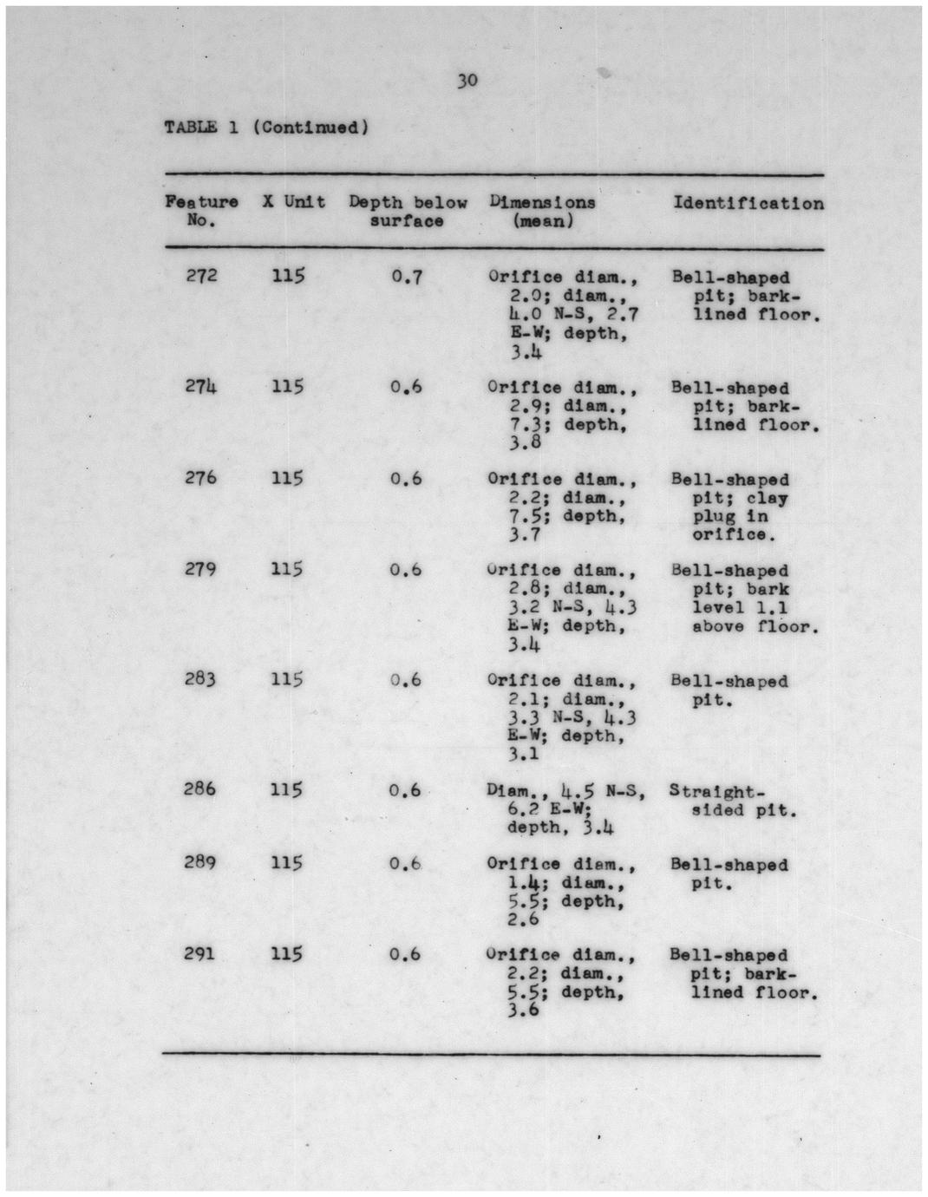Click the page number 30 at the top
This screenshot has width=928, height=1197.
467,82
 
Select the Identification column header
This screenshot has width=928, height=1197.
748,204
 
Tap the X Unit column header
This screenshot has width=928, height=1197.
294,202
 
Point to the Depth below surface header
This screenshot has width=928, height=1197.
408,212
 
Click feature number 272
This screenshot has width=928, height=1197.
201,277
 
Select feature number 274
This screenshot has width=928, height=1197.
201,387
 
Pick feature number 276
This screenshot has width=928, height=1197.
201,478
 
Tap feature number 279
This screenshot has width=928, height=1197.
201,569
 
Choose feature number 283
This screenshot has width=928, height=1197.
201,679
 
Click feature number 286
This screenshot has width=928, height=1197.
201,789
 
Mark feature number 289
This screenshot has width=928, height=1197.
201,863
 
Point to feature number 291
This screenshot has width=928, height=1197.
201,954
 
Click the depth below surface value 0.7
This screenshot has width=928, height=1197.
406,278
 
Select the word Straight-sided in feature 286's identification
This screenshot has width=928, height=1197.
716,792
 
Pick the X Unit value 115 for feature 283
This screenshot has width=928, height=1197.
288,679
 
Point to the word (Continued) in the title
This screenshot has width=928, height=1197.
310,128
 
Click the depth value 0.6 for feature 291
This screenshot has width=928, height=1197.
405,954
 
